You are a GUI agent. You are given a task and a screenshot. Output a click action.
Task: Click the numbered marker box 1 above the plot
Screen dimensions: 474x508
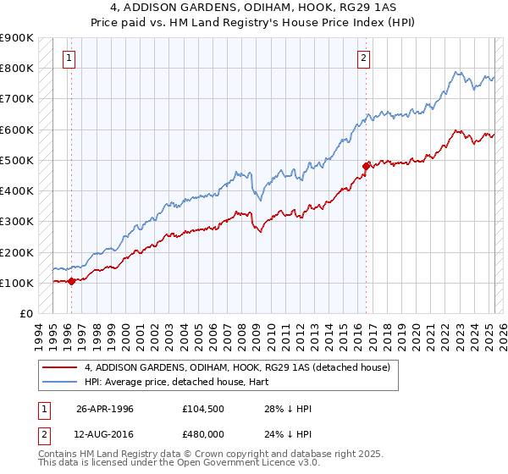[x=69, y=58]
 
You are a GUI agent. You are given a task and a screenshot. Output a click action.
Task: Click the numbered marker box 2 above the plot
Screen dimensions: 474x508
[x=363, y=58]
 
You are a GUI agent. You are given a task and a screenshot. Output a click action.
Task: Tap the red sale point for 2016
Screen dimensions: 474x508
[x=366, y=166]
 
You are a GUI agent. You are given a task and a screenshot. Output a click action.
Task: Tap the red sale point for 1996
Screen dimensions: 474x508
[x=71, y=282]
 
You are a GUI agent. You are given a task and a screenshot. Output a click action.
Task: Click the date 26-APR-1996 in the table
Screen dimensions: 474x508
[x=105, y=409]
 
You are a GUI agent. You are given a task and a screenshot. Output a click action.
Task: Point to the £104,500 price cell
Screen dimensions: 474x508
[x=200, y=409]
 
